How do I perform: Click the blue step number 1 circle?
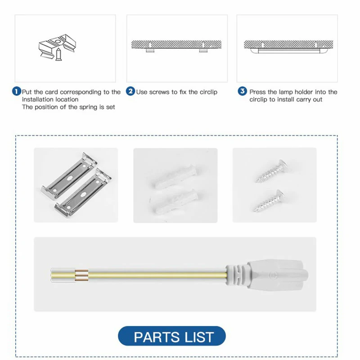click(x=16, y=91)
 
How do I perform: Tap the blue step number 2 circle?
click(x=130, y=91)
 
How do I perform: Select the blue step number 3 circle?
click(x=242, y=91)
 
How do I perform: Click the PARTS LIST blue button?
click(x=172, y=336)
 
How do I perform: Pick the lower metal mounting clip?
click(x=83, y=193)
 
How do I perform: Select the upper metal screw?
click(x=271, y=171)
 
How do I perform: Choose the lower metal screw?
click(x=269, y=201)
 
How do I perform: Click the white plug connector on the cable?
click(x=277, y=275)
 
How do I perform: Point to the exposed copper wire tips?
click(x=82, y=275)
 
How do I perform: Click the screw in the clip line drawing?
click(x=58, y=54)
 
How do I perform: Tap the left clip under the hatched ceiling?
click(x=150, y=50)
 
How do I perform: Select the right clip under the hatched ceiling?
click(x=203, y=50)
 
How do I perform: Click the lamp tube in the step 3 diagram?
click(x=288, y=51)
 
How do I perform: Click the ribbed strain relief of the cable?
click(x=237, y=275)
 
